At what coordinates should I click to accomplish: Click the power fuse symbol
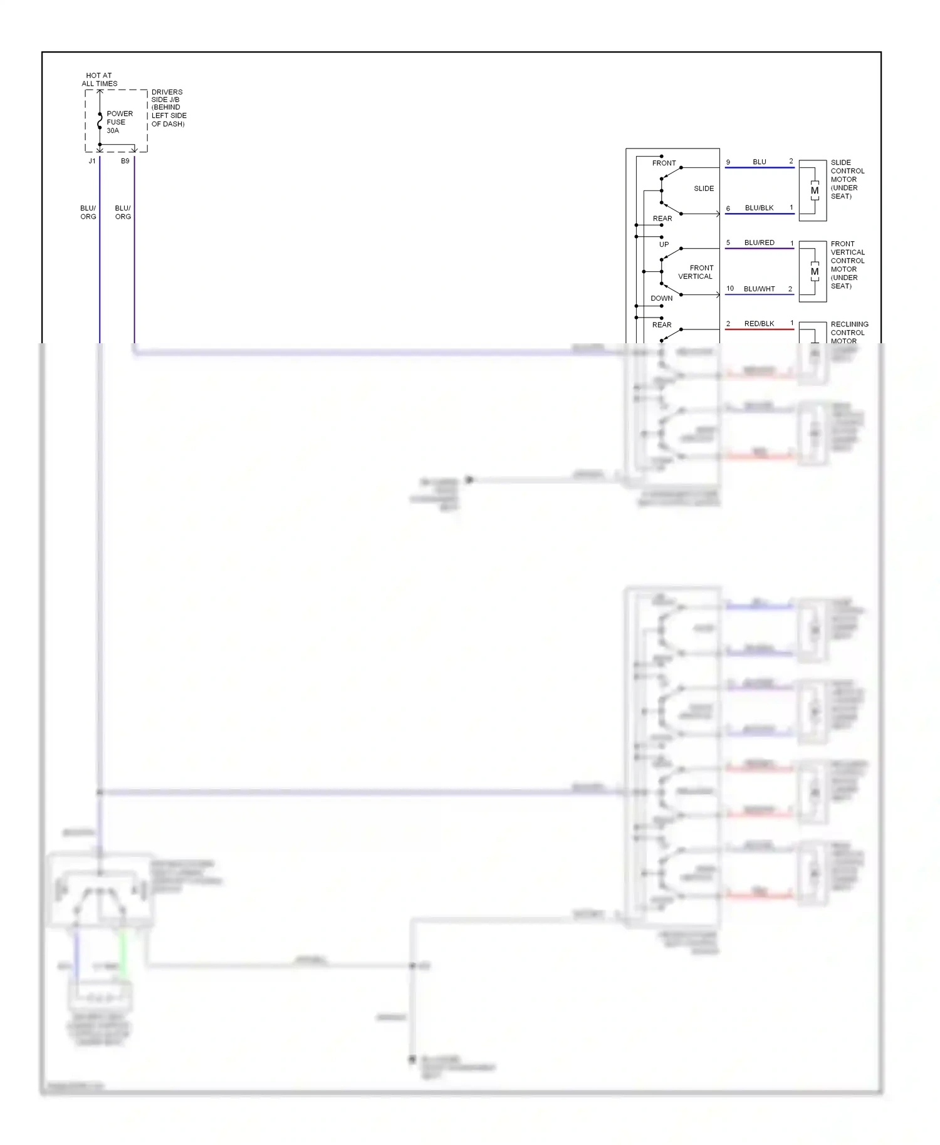(x=100, y=121)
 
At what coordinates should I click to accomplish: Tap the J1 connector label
(x=92, y=161)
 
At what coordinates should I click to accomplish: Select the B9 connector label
(x=125, y=161)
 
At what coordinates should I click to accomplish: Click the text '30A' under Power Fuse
(x=113, y=131)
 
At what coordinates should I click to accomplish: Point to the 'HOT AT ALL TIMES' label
(x=99, y=80)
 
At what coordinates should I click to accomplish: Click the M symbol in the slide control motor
(x=814, y=190)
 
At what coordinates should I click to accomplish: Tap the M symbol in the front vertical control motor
(x=814, y=272)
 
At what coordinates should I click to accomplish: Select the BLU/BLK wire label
(x=759, y=208)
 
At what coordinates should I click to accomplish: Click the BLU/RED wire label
(x=759, y=242)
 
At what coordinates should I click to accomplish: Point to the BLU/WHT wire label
(x=759, y=289)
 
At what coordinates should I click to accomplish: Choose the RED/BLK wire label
(x=759, y=324)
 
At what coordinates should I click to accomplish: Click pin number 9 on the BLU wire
(x=728, y=162)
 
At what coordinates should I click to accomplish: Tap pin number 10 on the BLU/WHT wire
(x=730, y=289)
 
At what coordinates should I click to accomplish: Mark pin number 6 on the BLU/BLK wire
(x=728, y=209)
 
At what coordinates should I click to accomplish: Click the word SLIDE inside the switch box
(x=704, y=189)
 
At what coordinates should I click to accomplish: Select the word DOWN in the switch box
(x=661, y=298)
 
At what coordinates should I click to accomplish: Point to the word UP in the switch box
(x=664, y=244)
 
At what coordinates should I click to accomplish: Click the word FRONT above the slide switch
(x=664, y=163)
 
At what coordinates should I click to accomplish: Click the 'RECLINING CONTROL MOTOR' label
(x=849, y=333)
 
